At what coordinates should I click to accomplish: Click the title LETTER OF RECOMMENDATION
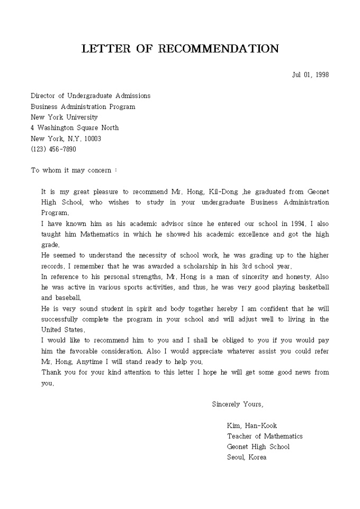pos(180,49)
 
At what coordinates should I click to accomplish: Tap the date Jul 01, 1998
pos(310,75)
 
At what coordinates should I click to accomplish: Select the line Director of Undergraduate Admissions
pos(91,96)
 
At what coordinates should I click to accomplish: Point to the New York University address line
pos(64,117)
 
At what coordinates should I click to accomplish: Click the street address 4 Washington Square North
pos(75,128)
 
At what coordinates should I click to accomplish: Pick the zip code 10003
pos(93,139)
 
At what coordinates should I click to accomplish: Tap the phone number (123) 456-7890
pos(53,149)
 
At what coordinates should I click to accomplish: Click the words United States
pos(55,330)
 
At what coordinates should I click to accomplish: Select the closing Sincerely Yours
pos(237,404)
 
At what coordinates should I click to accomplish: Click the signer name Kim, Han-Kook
pos(252,425)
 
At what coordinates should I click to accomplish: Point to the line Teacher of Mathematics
pos(265,436)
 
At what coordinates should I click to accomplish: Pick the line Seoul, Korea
pos(247,457)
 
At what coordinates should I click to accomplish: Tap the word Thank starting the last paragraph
pos(51,372)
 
